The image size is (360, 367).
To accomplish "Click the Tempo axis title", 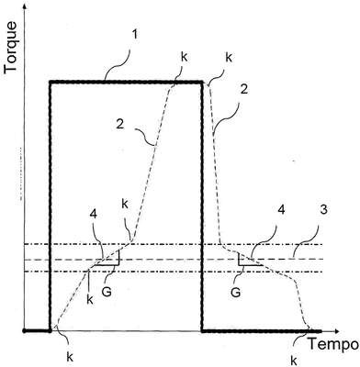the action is point(333,344).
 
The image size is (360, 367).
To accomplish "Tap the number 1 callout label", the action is point(135,34).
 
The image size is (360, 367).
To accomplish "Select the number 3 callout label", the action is point(323,210).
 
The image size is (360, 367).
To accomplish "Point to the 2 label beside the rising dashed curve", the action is point(120,125).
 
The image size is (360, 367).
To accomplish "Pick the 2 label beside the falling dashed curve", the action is point(244,89).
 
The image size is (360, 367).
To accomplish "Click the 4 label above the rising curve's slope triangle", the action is point(94,215).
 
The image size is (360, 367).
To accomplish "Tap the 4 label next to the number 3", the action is point(281,210).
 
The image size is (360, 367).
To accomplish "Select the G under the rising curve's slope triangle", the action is point(107,291).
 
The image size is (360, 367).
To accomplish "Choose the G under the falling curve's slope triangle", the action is point(235,292).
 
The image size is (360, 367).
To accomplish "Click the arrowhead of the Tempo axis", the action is point(337,331).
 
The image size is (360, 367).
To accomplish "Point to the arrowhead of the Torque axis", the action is point(25,6).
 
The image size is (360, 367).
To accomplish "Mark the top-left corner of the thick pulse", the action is point(51,82).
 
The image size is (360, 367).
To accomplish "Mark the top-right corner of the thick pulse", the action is point(202,82).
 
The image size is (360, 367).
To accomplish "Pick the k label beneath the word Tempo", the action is point(294,361).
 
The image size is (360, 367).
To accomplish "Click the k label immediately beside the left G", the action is point(90,300).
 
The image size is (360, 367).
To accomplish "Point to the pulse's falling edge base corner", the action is point(202,331).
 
